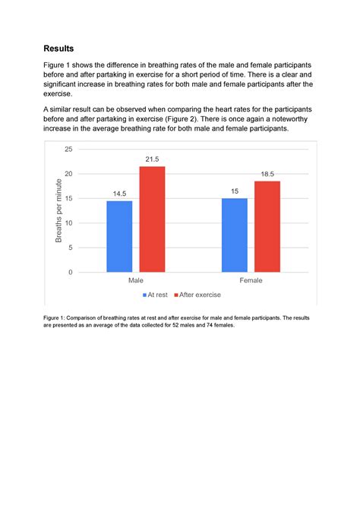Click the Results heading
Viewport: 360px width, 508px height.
[58, 48]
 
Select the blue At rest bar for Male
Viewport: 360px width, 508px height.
[119, 236]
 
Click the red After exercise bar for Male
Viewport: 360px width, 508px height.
[152, 219]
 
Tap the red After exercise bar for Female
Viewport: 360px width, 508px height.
[267, 226]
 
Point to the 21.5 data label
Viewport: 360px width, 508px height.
[152, 159]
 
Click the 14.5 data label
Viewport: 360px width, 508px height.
[119, 194]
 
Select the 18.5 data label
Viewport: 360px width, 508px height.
[267, 174]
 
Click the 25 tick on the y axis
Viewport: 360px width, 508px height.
[68, 150]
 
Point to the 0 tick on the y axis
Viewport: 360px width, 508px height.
[71, 272]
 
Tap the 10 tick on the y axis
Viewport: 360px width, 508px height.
[68, 223]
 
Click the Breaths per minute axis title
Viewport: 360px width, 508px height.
[58, 210]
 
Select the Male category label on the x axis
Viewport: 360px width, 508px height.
[135, 280]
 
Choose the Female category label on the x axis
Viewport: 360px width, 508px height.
[251, 280]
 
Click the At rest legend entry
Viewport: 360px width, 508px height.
[154, 293]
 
